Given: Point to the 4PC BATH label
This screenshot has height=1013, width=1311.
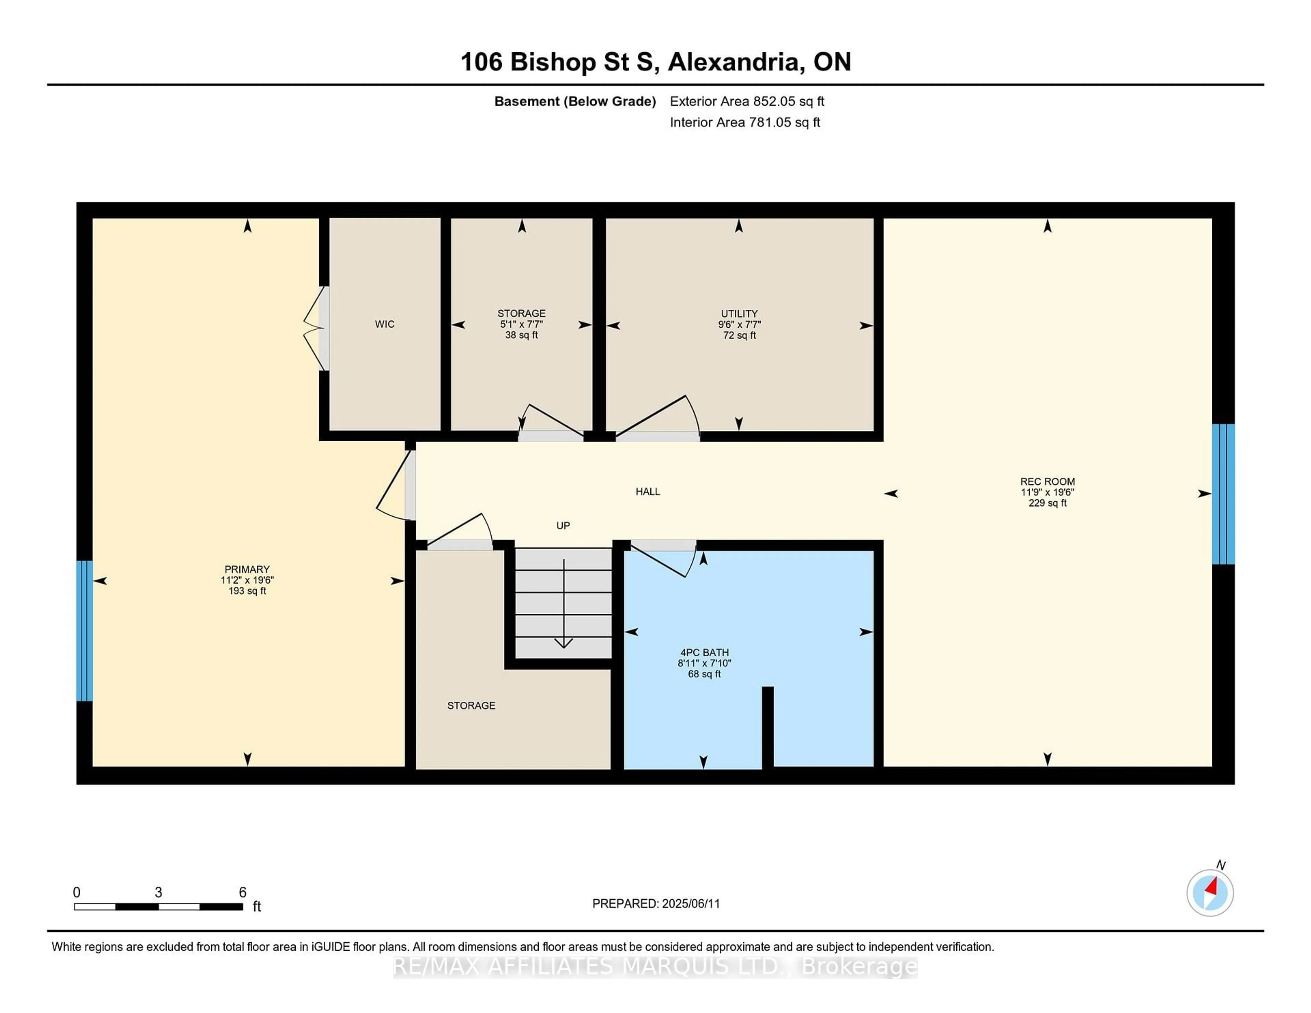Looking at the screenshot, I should coord(704,652).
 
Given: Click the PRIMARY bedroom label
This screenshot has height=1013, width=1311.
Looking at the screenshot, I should coord(247,569).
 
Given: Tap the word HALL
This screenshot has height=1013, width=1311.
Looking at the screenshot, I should coord(648,491).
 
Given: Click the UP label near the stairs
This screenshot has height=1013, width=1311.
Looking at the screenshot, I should coord(562,526).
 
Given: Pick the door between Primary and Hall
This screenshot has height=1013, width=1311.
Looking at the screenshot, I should coord(396,486).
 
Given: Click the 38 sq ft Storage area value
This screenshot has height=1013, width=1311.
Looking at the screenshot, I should coord(521,335).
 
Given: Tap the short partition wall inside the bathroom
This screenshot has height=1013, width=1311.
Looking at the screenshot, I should coord(767,727).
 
